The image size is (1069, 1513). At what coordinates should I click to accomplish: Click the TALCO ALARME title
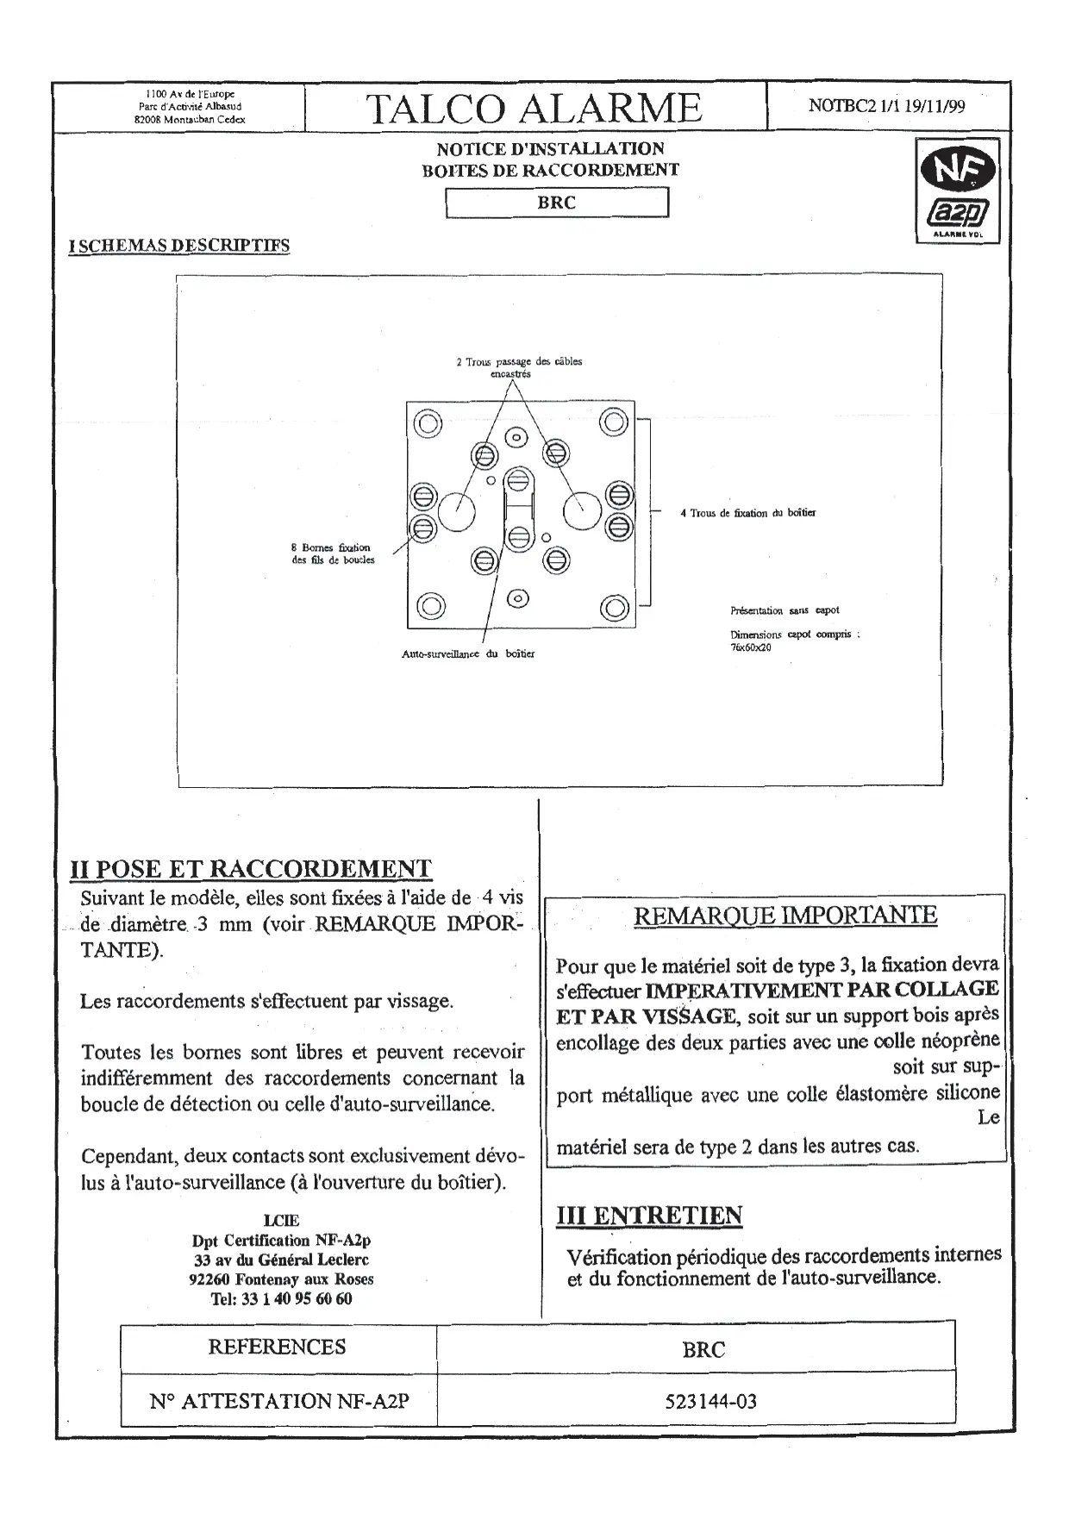pyautogui.click(x=534, y=109)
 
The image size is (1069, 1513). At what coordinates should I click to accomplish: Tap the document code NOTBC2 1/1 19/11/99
pyautogui.click(x=886, y=106)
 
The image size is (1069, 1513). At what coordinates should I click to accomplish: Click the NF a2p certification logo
pyautogui.click(x=958, y=191)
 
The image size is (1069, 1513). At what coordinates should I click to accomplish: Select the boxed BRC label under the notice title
pyautogui.click(x=556, y=203)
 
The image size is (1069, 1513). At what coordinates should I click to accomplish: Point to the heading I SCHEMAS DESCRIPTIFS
pyautogui.click(x=179, y=246)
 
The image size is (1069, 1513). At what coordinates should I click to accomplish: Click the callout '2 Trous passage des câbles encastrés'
pyautogui.click(x=519, y=367)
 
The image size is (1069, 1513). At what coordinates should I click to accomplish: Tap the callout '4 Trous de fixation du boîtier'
pyautogui.click(x=747, y=513)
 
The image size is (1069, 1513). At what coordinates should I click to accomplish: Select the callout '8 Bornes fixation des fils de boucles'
pyautogui.click(x=333, y=553)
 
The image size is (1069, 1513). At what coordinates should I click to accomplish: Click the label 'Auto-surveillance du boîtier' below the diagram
pyautogui.click(x=468, y=653)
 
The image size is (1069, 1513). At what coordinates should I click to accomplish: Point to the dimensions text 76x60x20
pyautogui.click(x=750, y=647)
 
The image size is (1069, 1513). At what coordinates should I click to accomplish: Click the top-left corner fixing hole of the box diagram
pyautogui.click(x=428, y=423)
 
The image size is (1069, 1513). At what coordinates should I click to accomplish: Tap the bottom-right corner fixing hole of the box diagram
pyautogui.click(x=614, y=607)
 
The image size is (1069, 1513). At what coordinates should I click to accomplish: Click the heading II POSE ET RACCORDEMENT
pyautogui.click(x=250, y=869)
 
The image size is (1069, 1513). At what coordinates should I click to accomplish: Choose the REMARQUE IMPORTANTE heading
pyautogui.click(x=785, y=916)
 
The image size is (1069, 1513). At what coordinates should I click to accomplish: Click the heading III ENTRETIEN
pyautogui.click(x=649, y=1216)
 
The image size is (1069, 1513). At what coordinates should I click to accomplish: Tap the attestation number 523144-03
pyautogui.click(x=710, y=1401)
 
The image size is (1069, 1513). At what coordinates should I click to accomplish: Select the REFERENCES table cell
pyautogui.click(x=277, y=1347)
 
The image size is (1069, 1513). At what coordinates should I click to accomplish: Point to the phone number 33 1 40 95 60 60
pyautogui.click(x=281, y=1299)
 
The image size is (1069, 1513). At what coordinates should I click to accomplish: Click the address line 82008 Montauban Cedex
pyautogui.click(x=190, y=120)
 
